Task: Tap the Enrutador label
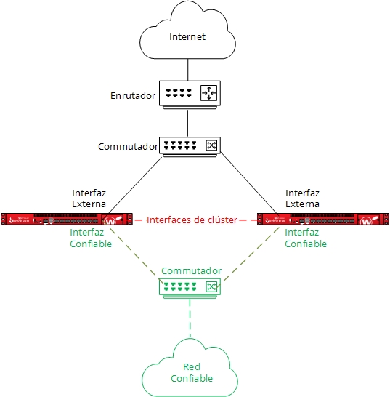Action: [133, 95]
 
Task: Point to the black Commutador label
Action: [128, 147]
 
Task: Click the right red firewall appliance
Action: [323, 219]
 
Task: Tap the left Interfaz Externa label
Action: [89, 198]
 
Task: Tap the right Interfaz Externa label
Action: [302, 198]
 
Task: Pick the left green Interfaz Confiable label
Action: [91, 238]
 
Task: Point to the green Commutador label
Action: [191, 270]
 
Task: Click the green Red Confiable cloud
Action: [191, 372]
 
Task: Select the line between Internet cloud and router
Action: [188, 69]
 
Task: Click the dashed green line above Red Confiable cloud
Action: [190, 320]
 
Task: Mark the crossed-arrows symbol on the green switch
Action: [211, 286]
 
